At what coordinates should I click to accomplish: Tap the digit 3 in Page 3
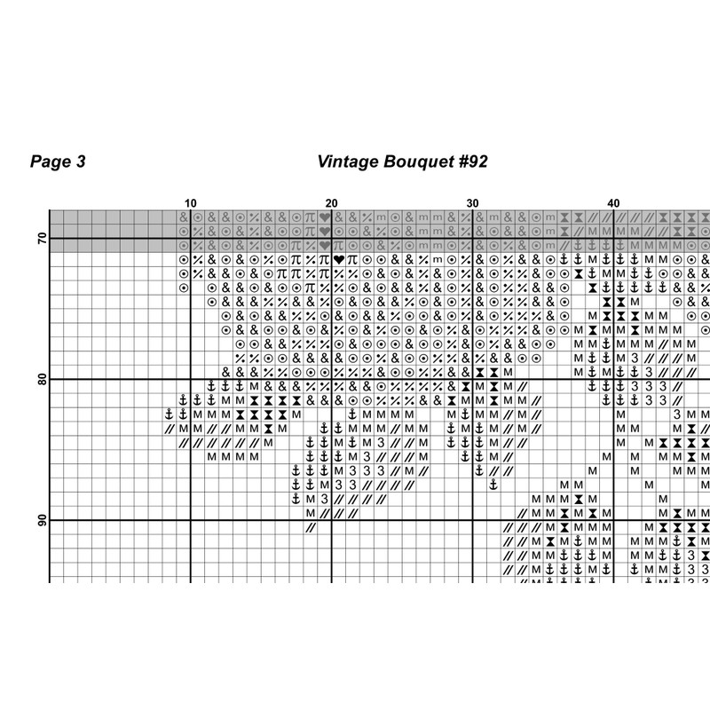pos(81,162)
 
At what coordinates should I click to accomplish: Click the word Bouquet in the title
pos(414,162)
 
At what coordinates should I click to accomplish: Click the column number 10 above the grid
pos(190,202)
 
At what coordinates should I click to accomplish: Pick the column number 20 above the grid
pos(331,202)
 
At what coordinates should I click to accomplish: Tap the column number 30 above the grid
pos(472,202)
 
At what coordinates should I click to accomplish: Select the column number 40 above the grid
pos(613,202)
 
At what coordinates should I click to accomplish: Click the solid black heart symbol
pos(338,259)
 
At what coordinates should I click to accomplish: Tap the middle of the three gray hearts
pos(325,231)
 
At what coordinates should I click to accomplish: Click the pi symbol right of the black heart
pos(352,259)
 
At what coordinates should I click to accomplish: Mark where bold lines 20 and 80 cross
pos(331,380)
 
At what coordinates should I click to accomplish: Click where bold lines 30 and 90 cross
pos(472,521)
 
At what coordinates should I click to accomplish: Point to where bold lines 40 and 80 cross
pos(613,380)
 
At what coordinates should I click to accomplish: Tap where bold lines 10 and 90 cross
pos(190,521)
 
